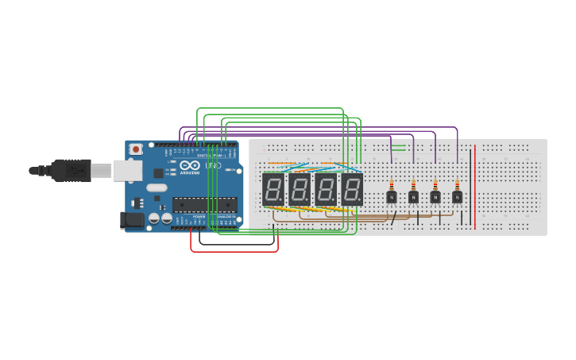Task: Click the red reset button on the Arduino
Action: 136,149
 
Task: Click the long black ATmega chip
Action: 204,204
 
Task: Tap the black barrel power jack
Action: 132,220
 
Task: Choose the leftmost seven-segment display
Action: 273,189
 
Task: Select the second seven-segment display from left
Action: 299,189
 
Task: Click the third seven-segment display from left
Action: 326,189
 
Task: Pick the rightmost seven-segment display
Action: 352,189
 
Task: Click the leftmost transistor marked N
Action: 391,197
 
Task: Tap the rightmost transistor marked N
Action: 457,197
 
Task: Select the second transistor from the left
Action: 413,197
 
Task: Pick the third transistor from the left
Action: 435,197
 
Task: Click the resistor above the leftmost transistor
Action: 391,184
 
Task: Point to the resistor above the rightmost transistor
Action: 457,184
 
